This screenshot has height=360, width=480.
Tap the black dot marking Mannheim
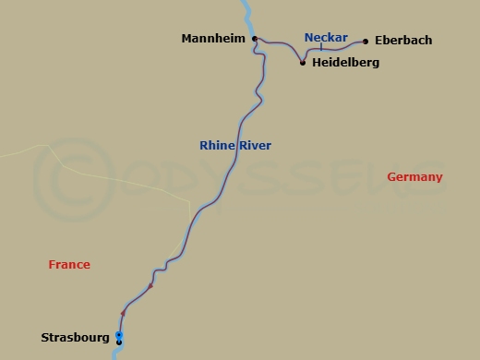coord(255,39)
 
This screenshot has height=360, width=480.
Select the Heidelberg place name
coord(346,63)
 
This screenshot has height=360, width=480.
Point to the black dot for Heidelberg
coord(303,63)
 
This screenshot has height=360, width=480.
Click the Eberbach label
coord(403,41)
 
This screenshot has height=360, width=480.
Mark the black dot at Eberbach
coord(366,41)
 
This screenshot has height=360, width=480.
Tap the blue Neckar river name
coord(326,38)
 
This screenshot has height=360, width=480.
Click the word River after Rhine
coord(254,145)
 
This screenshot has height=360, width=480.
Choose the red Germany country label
coord(414,177)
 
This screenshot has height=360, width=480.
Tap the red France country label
coord(69,265)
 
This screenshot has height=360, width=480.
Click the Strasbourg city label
coord(76,338)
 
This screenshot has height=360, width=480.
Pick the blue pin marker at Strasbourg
coord(118,335)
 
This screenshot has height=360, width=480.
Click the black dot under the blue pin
coord(118,342)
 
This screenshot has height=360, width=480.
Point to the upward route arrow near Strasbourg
coord(124,314)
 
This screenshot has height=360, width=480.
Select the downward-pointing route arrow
coord(150,286)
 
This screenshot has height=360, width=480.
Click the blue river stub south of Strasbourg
coord(116,353)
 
